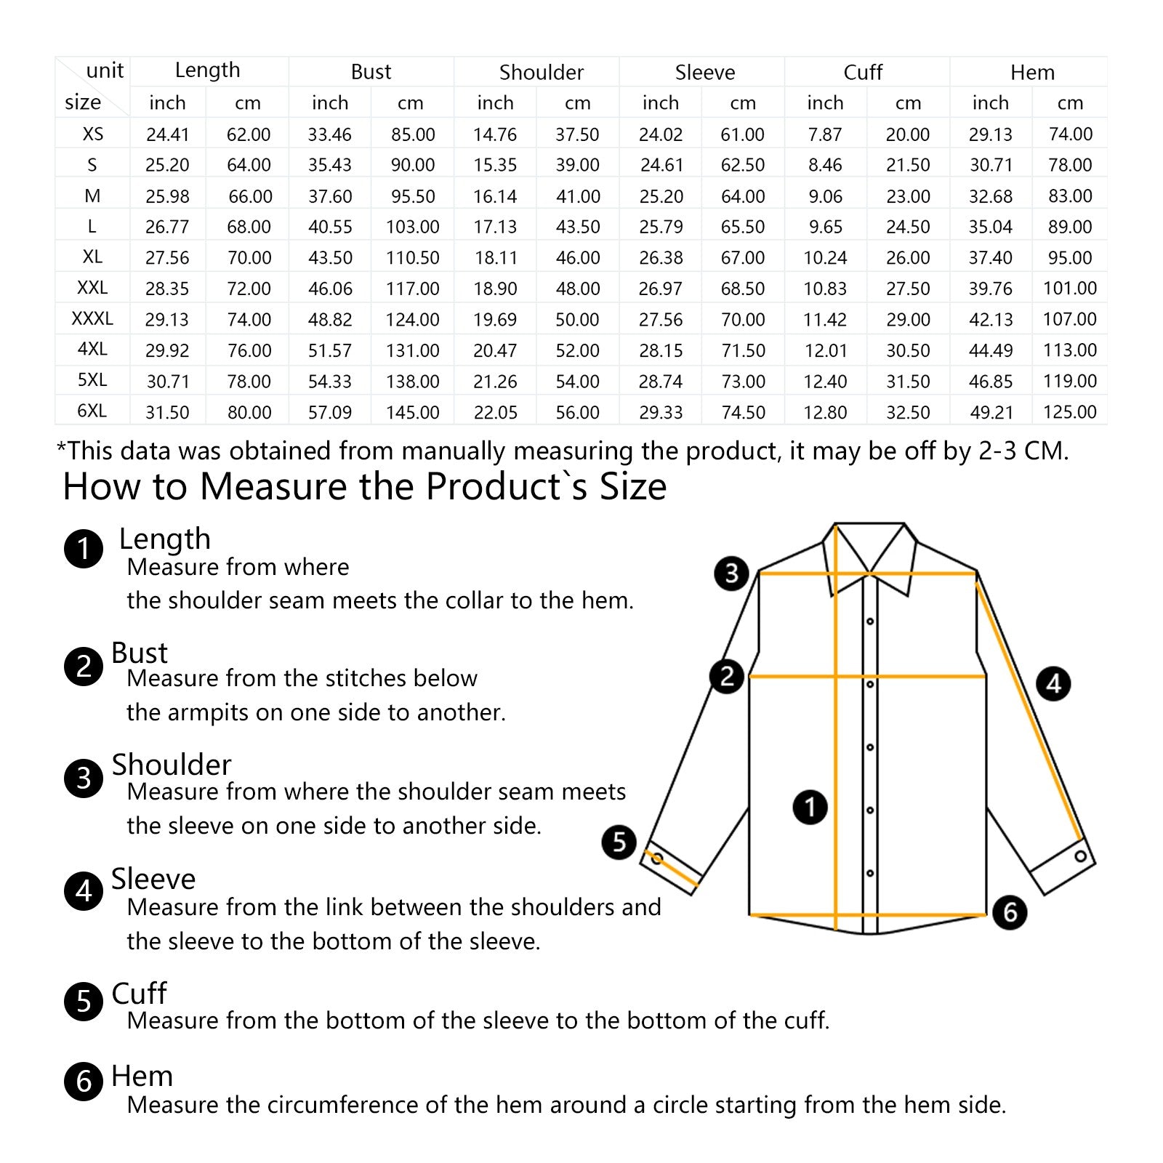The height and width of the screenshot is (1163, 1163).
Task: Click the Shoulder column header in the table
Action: pos(541,72)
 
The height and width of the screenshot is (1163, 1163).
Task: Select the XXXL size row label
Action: pos(92,318)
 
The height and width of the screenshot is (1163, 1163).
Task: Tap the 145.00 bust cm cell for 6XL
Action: pos(412,412)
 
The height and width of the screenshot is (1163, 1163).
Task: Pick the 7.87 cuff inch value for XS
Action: pos(825,134)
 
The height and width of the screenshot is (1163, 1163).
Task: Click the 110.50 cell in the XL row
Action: pos(412,257)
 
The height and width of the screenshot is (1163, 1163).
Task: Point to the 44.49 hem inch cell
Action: pos(990,350)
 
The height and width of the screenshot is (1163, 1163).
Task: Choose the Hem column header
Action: pos(1031,72)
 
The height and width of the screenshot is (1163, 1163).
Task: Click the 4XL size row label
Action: pos(92,349)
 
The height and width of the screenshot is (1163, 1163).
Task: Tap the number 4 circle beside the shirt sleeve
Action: pos(1053,683)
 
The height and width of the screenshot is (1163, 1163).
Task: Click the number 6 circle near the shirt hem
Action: pos(1010,912)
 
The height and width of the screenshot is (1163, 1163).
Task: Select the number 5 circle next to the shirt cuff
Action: pos(619,842)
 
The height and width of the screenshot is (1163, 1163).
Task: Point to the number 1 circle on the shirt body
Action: pos(810,807)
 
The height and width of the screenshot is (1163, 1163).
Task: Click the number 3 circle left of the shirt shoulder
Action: pos(731,573)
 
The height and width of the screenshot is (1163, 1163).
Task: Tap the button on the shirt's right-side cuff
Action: pos(1080,856)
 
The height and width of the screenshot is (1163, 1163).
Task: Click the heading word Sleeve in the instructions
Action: pos(153,879)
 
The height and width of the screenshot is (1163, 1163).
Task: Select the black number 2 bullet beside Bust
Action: pos(84,666)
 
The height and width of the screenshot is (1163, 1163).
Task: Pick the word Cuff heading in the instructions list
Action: pos(139,993)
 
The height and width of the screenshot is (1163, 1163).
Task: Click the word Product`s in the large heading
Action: pos(506,486)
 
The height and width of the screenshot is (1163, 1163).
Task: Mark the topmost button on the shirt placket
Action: pos(870,621)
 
